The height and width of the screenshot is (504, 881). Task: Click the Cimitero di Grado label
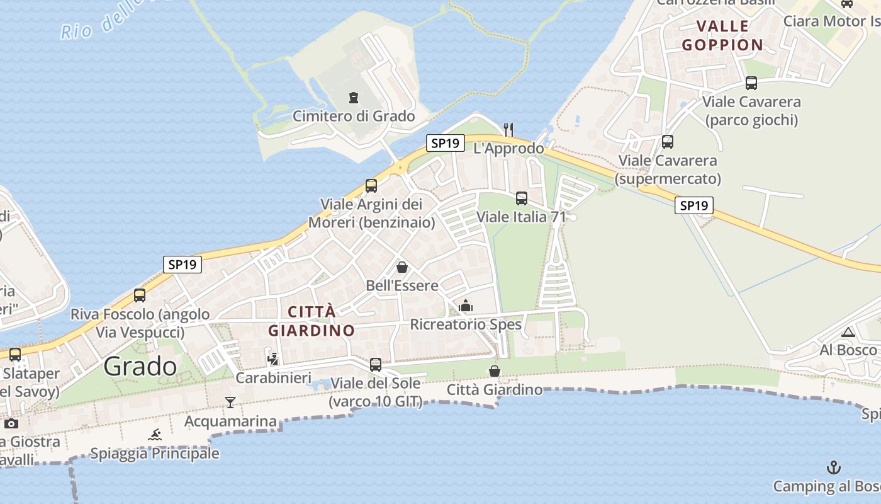click(x=354, y=117)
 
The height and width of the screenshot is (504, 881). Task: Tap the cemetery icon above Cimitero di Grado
click(x=354, y=98)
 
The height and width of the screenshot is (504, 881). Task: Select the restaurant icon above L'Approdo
click(x=508, y=129)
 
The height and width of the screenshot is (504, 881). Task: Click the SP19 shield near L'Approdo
click(x=445, y=143)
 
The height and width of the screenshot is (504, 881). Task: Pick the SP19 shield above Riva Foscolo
click(x=182, y=265)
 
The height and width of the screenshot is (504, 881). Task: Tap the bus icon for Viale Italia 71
click(x=522, y=198)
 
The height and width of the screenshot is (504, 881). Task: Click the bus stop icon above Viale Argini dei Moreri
click(x=371, y=186)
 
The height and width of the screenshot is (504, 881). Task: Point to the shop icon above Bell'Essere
click(x=402, y=267)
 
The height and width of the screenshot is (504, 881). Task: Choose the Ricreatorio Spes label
click(x=466, y=324)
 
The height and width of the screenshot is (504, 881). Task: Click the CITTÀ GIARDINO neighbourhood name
click(x=311, y=321)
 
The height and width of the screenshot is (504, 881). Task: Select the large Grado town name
click(x=140, y=366)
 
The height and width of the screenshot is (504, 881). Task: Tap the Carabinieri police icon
click(x=273, y=359)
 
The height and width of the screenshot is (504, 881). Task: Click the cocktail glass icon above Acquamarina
click(x=230, y=402)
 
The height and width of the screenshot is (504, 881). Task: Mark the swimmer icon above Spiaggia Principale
click(x=155, y=434)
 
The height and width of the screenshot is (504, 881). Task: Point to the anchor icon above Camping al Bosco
click(x=834, y=467)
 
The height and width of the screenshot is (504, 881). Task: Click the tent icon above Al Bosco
click(x=848, y=332)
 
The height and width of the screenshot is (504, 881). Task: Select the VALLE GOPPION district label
click(x=722, y=35)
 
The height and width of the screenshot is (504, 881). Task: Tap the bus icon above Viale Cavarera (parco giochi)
click(x=751, y=83)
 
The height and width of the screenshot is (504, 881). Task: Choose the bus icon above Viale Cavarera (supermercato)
click(x=668, y=142)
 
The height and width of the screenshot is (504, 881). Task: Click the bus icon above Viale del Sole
click(x=376, y=364)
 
